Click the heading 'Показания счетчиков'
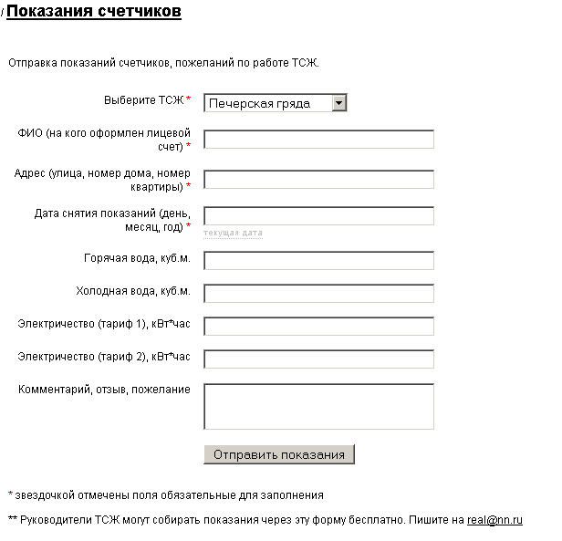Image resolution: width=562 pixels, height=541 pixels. click(94, 12)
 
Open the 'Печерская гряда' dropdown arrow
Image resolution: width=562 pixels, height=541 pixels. click(339, 103)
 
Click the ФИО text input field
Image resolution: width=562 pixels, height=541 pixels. click(318, 140)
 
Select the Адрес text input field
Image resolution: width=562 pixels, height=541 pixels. click(318, 180)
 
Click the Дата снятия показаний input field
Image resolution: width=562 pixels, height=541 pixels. click(318, 216)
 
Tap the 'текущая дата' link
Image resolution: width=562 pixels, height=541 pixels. click(233, 234)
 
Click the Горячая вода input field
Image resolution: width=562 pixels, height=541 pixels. click(318, 261)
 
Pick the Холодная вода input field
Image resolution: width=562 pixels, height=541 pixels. click(318, 294)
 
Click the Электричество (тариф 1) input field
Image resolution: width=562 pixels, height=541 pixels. click(318, 327)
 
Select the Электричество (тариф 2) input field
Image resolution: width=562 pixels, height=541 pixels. click(318, 359)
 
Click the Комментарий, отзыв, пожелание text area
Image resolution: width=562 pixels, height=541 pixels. click(318, 406)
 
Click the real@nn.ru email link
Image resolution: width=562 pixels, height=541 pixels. click(494, 520)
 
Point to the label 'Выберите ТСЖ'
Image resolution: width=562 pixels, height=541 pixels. click(143, 99)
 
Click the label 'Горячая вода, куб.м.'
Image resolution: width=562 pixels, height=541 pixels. click(137, 258)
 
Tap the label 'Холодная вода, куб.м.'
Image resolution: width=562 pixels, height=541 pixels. click(133, 291)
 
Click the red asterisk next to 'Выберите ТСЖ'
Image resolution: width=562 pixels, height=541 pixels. click(189, 99)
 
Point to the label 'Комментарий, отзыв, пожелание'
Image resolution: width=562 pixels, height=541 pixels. click(104, 390)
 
